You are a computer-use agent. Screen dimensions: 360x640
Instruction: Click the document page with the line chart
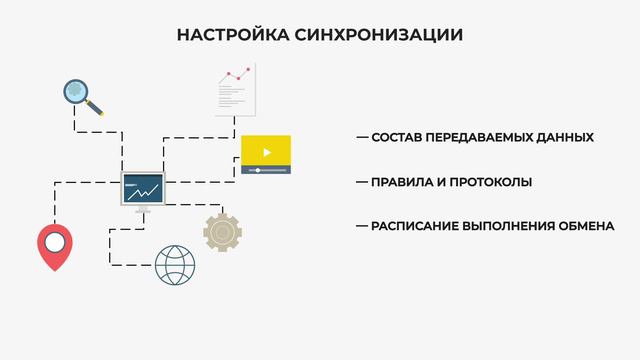pos(235,88)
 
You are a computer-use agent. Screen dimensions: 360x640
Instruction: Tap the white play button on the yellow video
pos(266,152)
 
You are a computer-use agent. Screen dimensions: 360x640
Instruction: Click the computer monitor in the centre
pos(142,188)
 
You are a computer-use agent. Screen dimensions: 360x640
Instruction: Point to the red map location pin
pos(54,246)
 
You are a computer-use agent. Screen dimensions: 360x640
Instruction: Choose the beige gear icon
pos(222,231)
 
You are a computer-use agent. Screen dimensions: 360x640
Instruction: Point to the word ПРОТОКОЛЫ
pos(489,182)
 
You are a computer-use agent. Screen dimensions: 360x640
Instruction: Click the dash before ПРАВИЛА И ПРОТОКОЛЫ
pos(362,182)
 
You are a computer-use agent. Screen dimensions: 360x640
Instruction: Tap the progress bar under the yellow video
pos(266,170)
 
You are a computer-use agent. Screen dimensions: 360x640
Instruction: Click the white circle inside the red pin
pos(54,240)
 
